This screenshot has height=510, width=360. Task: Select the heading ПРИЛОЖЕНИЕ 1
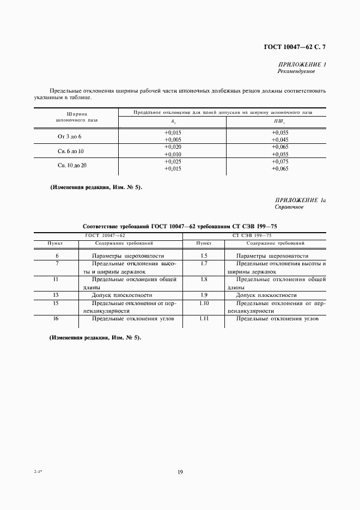click(301, 64)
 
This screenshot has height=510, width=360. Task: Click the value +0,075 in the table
click(280, 162)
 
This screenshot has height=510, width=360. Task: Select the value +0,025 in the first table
click(173, 162)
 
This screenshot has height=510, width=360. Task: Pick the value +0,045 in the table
click(280, 139)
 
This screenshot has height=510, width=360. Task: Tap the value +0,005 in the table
click(173, 139)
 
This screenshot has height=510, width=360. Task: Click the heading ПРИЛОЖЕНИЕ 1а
click(300, 201)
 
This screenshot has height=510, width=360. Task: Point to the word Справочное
click(290, 208)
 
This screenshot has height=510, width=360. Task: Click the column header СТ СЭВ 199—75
click(254, 235)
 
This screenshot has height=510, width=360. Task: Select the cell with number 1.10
click(204, 302)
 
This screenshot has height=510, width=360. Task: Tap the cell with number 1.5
click(204, 256)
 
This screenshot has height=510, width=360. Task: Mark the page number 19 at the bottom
click(180, 472)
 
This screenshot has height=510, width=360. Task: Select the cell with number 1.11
click(204, 318)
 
